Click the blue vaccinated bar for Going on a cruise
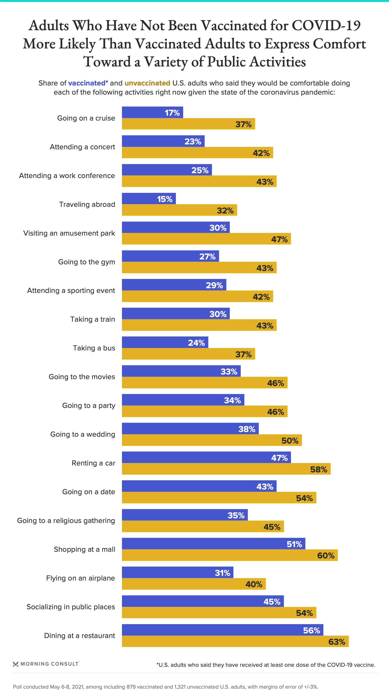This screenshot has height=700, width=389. [152, 112]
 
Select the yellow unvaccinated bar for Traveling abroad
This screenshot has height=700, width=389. [180, 210]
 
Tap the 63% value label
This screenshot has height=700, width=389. [337, 642]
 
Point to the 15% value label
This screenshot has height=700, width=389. [165, 199]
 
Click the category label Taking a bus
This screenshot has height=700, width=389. [94, 348]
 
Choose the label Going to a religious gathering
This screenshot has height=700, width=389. [66, 521]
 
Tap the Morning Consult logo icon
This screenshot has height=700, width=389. [15, 664]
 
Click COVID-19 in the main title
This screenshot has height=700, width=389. [326, 26]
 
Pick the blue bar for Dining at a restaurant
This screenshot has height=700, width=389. [222, 630]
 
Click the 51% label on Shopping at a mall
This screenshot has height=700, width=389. [294, 544]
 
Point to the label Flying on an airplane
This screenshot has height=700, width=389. [80, 578]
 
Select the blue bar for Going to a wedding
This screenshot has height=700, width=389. [190, 429]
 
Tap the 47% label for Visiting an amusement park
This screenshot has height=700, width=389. [279, 239]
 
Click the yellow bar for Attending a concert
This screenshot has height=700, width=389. [197, 153]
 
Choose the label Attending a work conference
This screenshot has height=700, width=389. [67, 176]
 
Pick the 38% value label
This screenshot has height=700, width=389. [247, 429]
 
